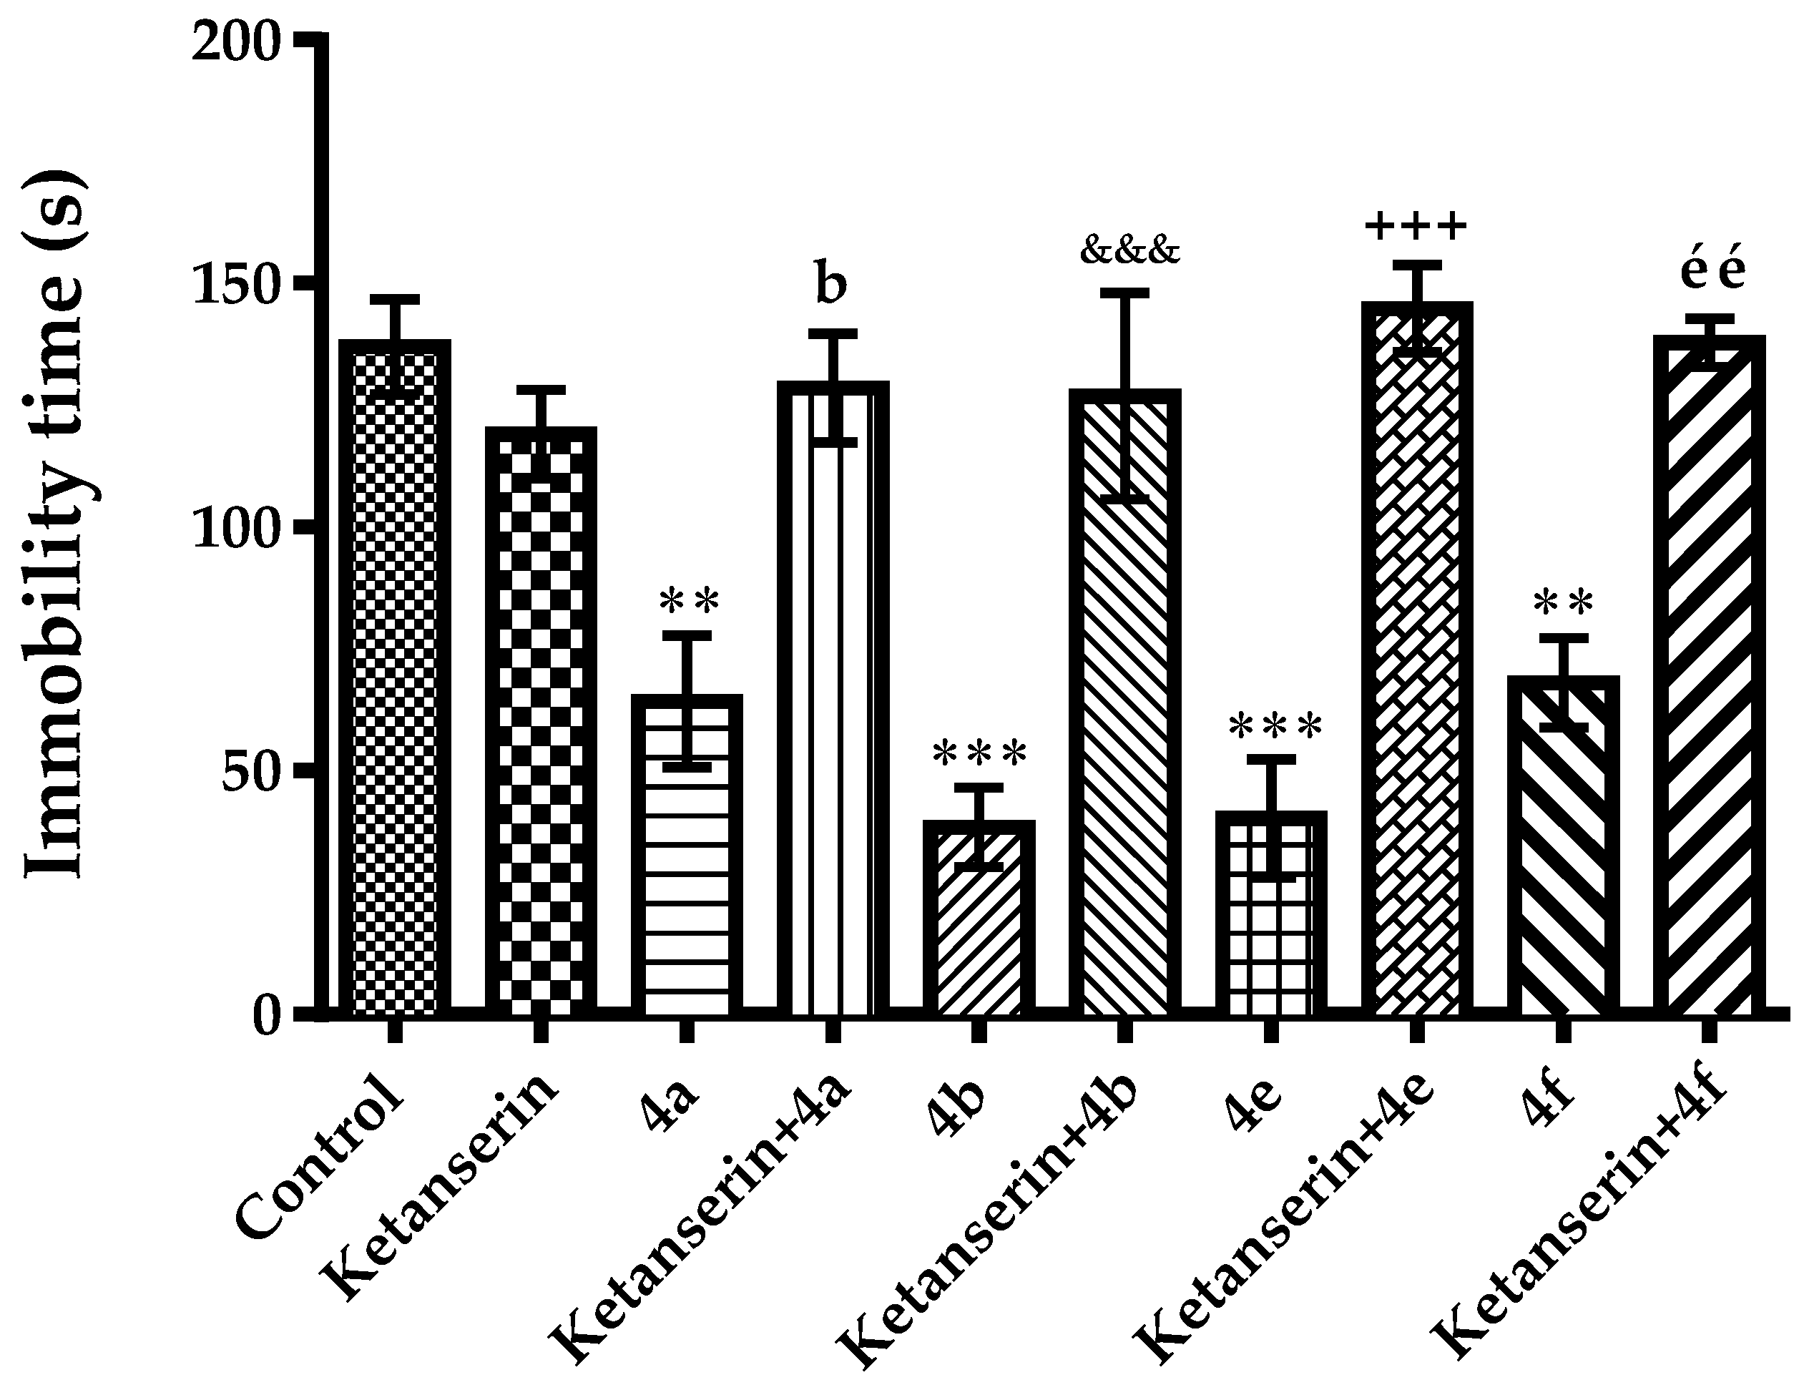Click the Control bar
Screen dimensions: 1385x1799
(x=395, y=675)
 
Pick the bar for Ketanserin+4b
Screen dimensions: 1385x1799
(x=1125, y=700)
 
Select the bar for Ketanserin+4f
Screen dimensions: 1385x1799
(x=1709, y=675)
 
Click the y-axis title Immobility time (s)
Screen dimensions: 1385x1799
(x=55, y=527)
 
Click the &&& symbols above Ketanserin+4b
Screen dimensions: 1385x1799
(x=1129, y=250)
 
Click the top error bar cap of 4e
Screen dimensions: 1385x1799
(x=1271, y=759)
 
